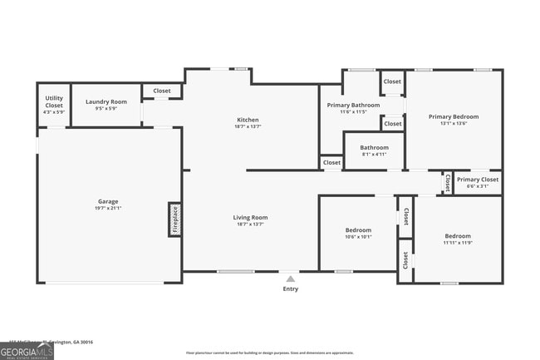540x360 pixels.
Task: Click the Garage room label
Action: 108,201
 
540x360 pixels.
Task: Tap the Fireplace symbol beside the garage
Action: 175,219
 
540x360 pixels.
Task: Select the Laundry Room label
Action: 106,101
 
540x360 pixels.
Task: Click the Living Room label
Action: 250,218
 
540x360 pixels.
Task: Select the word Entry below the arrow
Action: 290,289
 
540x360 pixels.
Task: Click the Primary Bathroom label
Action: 353,106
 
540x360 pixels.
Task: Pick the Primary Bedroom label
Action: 454,116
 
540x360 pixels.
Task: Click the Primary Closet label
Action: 478,180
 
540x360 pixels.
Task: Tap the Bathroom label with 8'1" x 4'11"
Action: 374,148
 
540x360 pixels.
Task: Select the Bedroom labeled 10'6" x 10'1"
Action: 358,229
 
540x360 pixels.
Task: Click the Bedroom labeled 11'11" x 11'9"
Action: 457,236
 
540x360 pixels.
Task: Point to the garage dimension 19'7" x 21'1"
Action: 108,208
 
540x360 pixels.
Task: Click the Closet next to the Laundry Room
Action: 162,91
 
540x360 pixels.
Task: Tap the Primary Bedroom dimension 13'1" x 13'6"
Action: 454,123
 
